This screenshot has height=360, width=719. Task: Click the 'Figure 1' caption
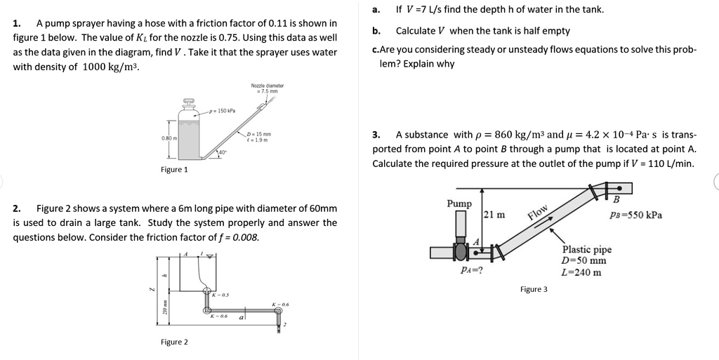174,169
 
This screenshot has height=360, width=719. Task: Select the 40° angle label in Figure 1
222,152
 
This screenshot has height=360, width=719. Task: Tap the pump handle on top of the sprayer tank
188,101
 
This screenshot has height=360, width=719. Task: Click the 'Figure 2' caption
174,342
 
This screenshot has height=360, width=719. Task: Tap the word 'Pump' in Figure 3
459,204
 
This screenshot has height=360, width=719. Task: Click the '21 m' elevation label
495,215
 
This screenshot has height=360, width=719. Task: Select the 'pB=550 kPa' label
636,215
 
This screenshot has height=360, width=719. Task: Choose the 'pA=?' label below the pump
470,270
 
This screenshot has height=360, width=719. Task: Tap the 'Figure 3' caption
534,288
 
